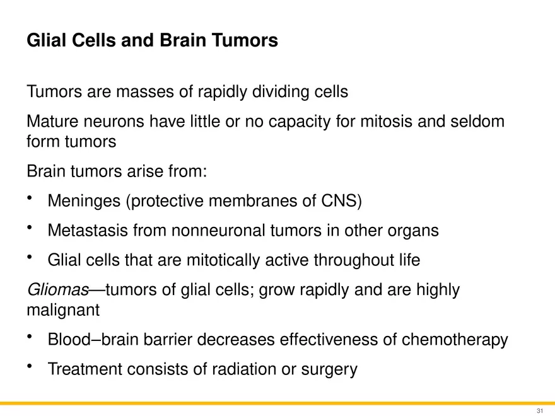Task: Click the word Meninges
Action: click(x=85, y=202)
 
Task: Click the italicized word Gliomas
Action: click(x=57, y=290)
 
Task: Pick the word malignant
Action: click(x=63, y=311)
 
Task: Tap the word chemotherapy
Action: click(x=455, y=340)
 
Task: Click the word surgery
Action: click(x=329, y=370)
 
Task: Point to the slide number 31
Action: click(x=540, y=410)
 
